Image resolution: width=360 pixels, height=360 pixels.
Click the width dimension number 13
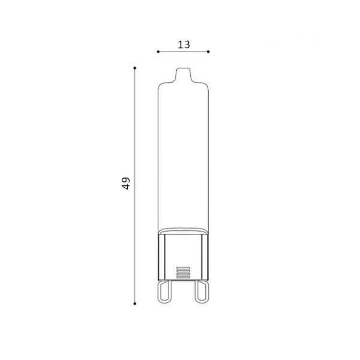pyautogui.click(x=184, y=44)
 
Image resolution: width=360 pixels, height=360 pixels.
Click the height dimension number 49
pyautogui.click(x=126, y=183)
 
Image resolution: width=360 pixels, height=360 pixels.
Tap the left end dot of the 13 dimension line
pyautogui.click(x=158, y=52)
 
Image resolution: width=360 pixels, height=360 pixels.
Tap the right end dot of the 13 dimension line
pyautogui.click(x=208, y=52)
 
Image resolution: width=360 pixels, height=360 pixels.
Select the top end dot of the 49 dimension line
pyautogui.click(x=135, y=68)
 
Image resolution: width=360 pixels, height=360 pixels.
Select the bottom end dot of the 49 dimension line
pyautogui.click(x=135, y=304)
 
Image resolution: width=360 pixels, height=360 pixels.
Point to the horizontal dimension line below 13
pyautogui.click(x=183, y=52)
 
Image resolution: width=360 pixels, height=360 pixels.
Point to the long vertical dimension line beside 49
pyautogui.click(x=135, y=186)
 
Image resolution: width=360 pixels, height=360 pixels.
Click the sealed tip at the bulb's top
pyautogui.click(x=183, y=74)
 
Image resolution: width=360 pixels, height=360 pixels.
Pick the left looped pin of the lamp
pyautogui.click(x=165, y=291)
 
